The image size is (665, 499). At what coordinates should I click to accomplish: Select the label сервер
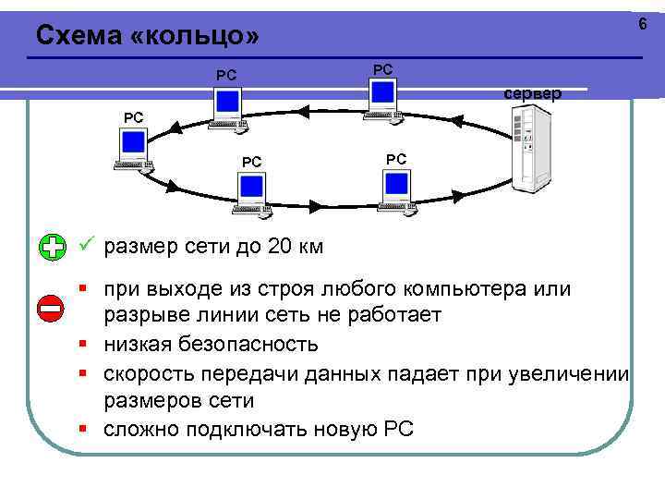[532, 93]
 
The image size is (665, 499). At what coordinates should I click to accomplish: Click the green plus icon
[53, 247]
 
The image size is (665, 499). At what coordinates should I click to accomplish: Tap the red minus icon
[53, 309]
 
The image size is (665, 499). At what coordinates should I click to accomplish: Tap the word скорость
[150, 374]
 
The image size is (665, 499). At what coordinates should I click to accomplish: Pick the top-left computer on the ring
[228, 107]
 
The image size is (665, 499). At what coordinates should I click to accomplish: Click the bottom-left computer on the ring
[251, 195]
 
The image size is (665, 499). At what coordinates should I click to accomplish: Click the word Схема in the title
[76, 35]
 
